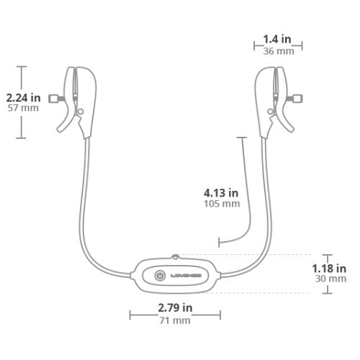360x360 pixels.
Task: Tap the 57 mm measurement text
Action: click(x=23, y=109)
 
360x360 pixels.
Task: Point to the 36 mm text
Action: click(x=277, y=51)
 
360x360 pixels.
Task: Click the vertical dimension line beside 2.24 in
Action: click(x=22, y=79)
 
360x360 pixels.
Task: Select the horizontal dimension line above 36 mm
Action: click(x=277, y=45)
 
